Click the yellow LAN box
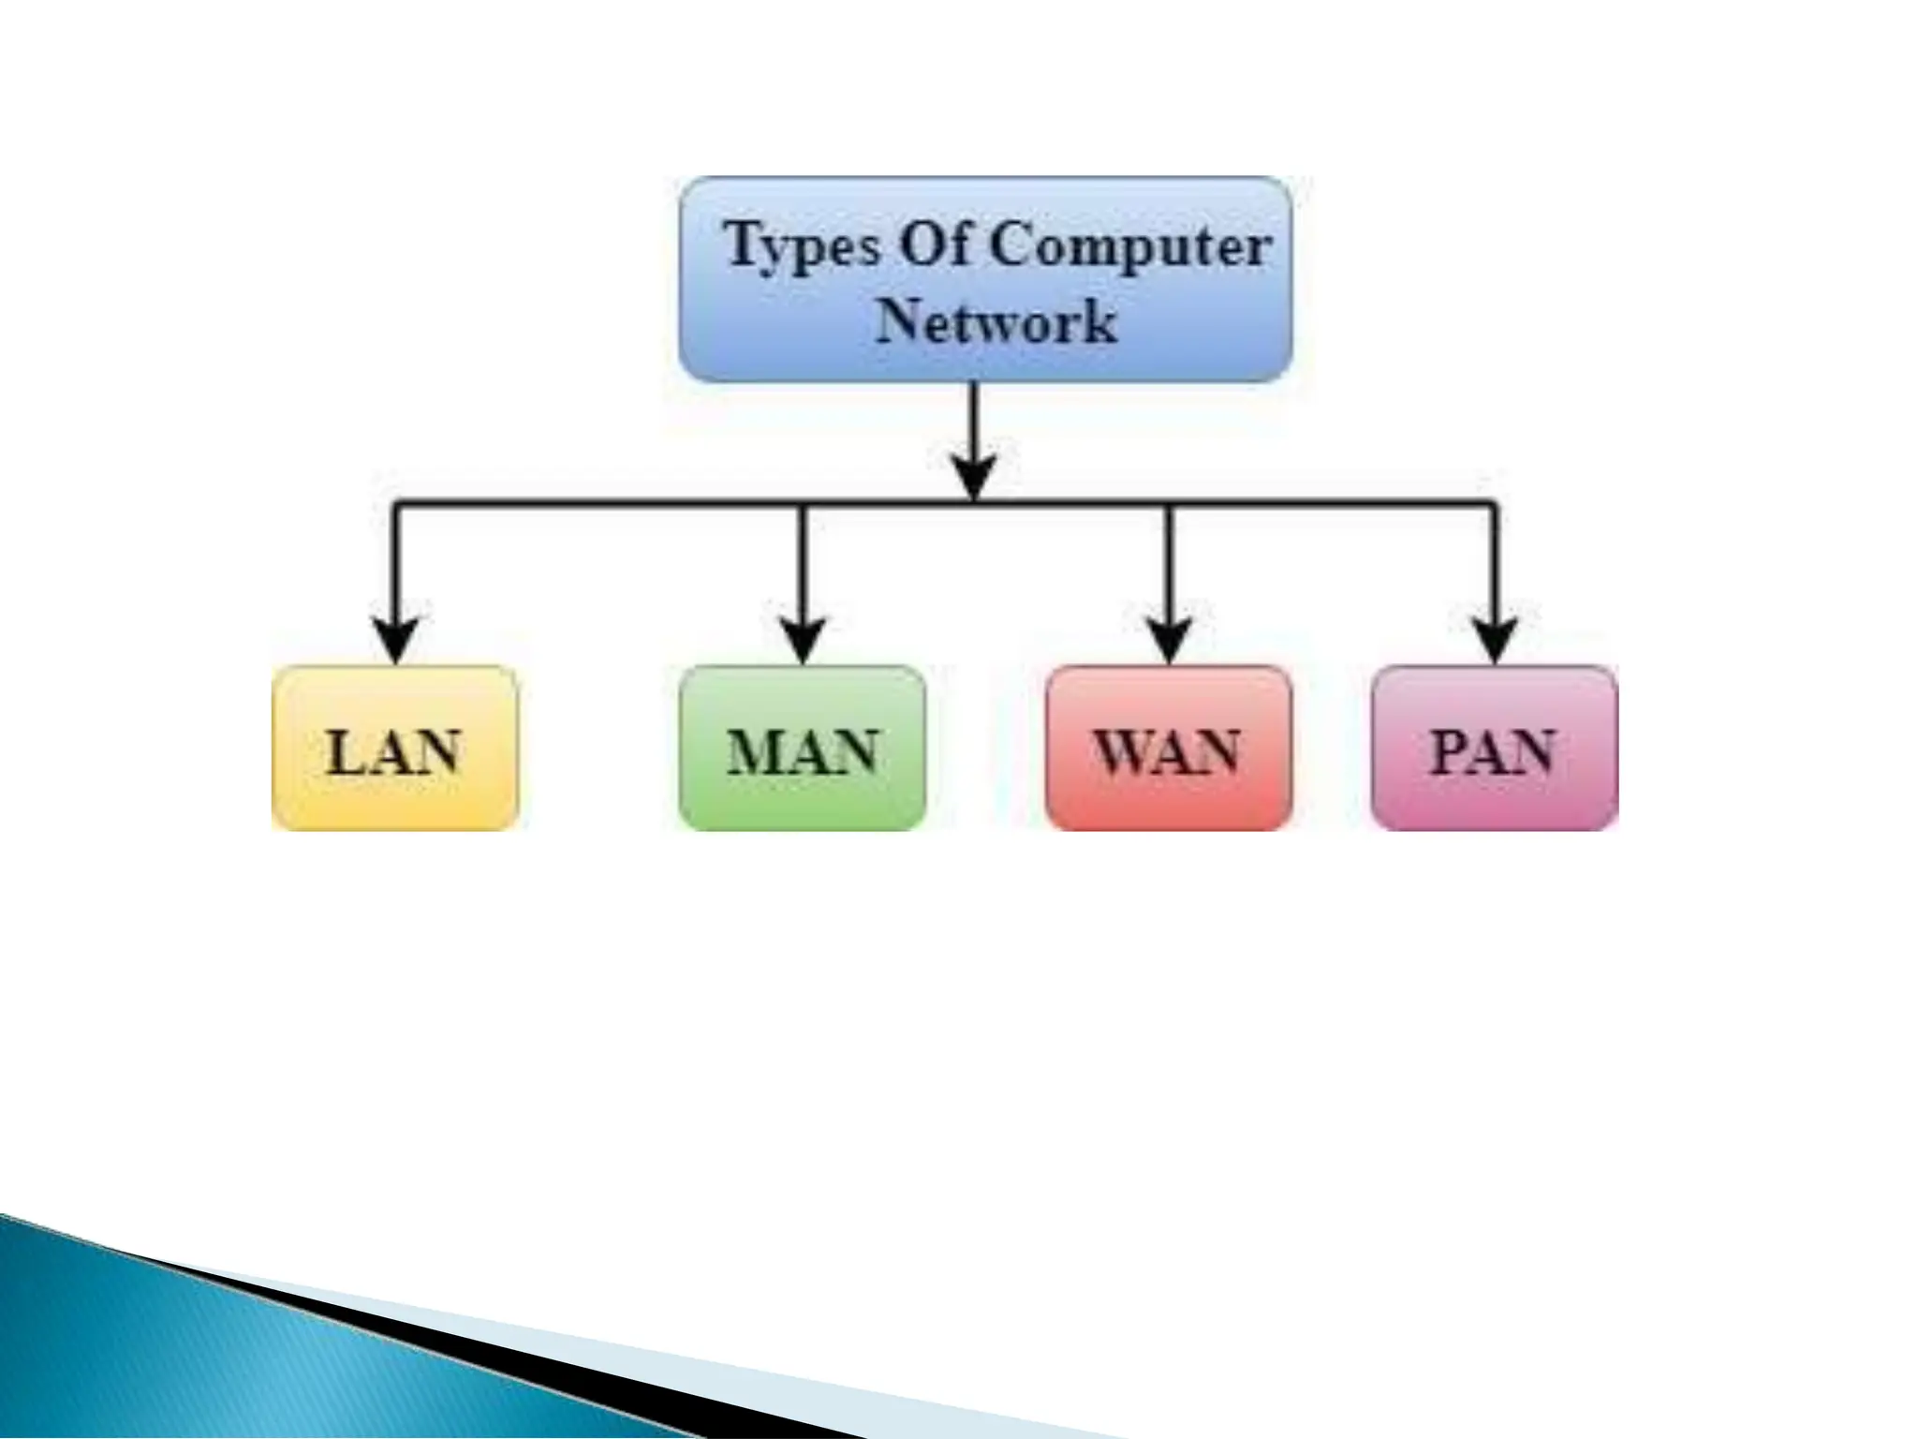[394, 748]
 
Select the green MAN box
[803, 748]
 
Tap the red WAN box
[1168, 748]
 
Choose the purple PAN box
[1495, 748]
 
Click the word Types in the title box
[803, 245]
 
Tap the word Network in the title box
[996, 321]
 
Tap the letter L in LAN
[345, 752]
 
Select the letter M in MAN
[755, 751]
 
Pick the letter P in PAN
[1451, 751]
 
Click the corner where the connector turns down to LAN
[397, 507]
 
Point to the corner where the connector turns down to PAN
[1494, 507]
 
